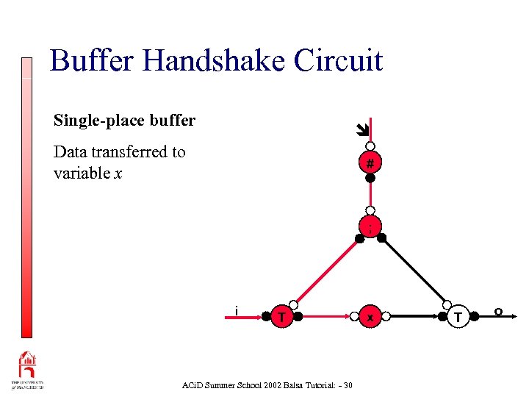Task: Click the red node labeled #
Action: (x=371, y=162)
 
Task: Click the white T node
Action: (x=459, y=317)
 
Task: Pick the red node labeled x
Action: (x=371, y=317)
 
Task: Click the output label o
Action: (x=497, y=312)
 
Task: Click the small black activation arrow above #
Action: (x=360, y=131)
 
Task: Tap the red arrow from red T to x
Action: (x=323, y=318)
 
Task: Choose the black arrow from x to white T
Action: (x=415, y=318)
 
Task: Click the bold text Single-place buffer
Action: (x=124, y=120)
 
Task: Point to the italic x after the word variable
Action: (x=118, y=174)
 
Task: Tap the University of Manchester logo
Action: (x=27, y=371)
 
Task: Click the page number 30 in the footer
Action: (x=348, y=385)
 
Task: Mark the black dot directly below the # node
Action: (x=371, y=178)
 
